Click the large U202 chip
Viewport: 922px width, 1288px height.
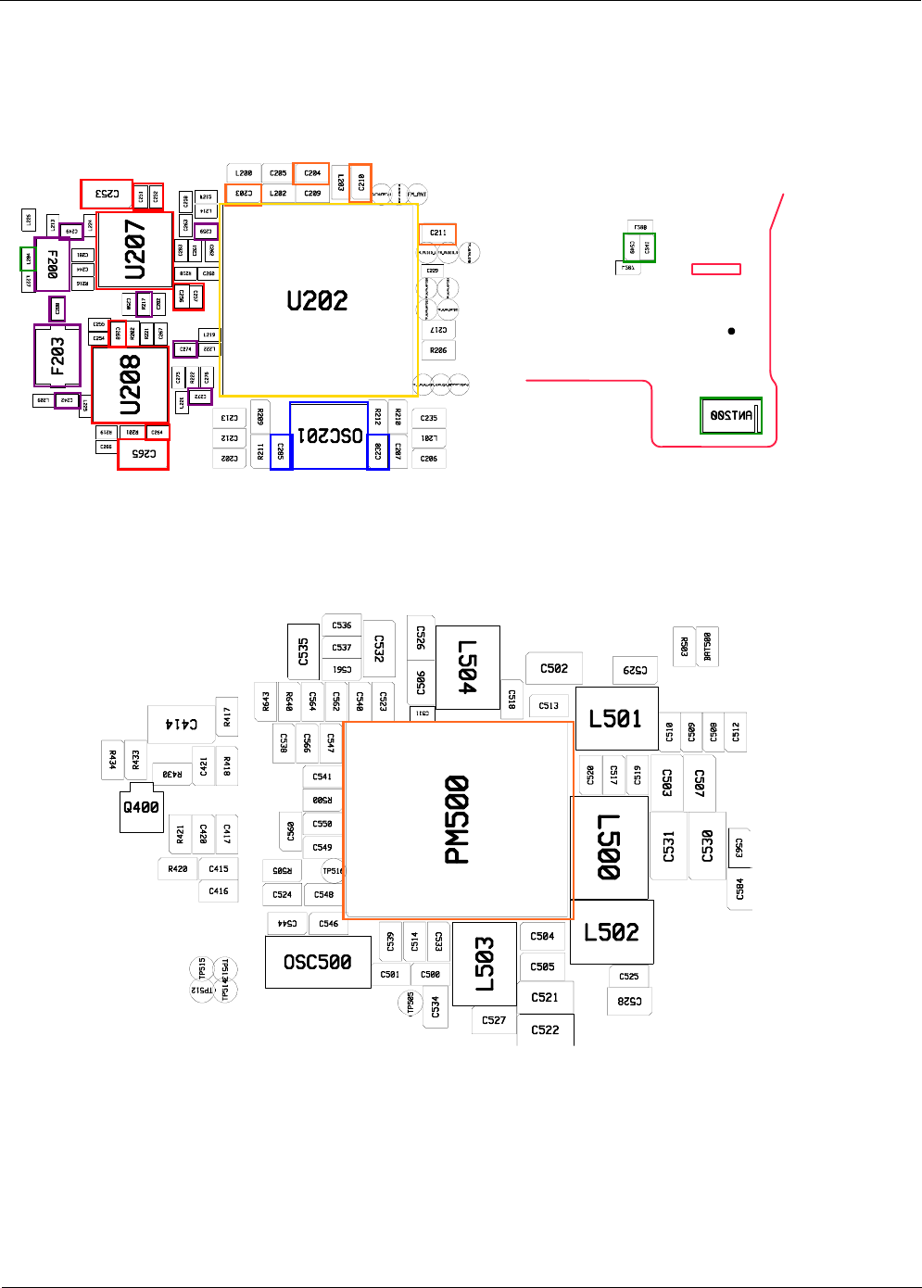tap(319, 300)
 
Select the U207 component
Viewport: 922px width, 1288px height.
tap(135, 249)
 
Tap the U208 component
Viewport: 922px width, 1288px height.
tap(131, 385)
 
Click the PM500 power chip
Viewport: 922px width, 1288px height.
tap(458, 819)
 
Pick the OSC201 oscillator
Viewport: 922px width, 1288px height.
tap(330, 435)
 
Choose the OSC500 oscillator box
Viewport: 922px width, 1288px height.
tap(318, 962)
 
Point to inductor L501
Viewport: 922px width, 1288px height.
tap(616, 719)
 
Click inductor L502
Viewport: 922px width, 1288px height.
tap(612, 932)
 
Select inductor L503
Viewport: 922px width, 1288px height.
tap(484, 964)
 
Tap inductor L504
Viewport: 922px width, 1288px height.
tap(468, 667)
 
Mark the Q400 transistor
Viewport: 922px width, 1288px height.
tap(142, 808)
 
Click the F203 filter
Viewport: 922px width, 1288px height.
tap(57, 355)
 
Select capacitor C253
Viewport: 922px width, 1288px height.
tap(107, 194)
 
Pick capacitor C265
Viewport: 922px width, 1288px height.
tap(144, 454)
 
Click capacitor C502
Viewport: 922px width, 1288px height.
tap(554, 668)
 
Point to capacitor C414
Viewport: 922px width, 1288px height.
tap(182, 724)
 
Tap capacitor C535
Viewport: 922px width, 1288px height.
tap(303, 651)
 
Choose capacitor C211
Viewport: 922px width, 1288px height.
tap(438, 233)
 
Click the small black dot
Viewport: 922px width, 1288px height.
tap(731, 331)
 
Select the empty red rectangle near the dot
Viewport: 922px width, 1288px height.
tap(716, 269)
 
